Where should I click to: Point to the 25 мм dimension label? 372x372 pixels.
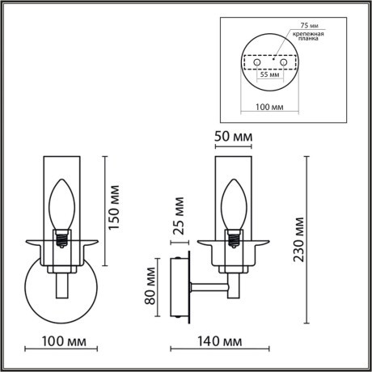point(180,219)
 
